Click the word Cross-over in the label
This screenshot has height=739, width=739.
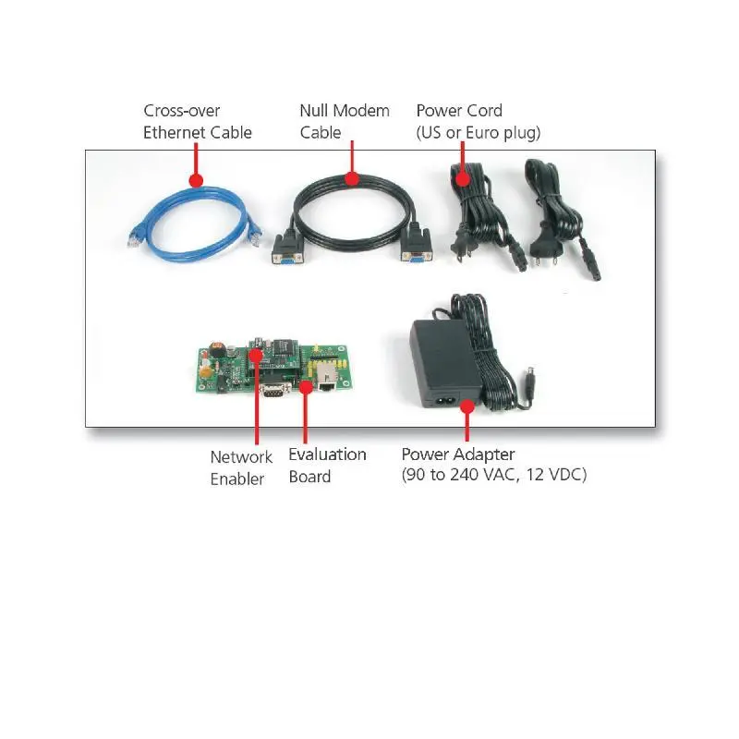pyautogui.click(x=181, y=111)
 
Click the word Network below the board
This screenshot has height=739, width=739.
pyautogui.click(x=241, y=456)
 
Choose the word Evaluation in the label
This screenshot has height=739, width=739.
pyautogui.click(x=327, y=454)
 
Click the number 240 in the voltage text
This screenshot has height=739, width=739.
pyautogui.click(x=464, y=474)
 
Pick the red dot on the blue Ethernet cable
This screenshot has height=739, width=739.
pyautogui.click(x=196, y=180)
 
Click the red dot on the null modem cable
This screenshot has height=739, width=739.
pyautogui.click(x=352, y=178)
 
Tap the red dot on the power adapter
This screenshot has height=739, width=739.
pyautogui.click(x=467, y=406)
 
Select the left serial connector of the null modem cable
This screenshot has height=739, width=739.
pyautogui.click(x=287, y=248)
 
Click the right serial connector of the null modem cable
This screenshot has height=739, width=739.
pyautogui.click(x=417, y=245)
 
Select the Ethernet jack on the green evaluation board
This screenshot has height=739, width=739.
pyautogui.click(x=326, y=377)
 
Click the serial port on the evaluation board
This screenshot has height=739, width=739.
pyautogui.click(x=274, y=389)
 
